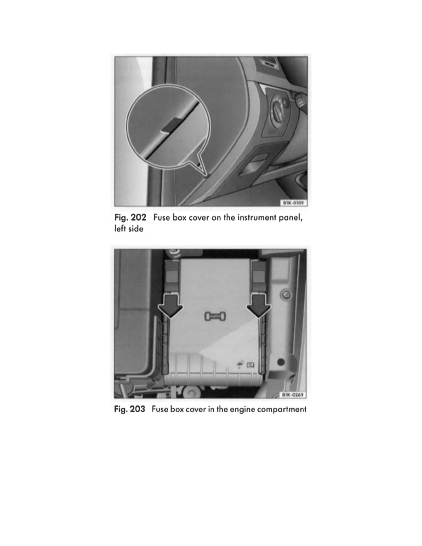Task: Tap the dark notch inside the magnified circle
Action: [171, 125]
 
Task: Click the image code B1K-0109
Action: [293, 203]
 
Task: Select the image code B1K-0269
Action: [292, 394]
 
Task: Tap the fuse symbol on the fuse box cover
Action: [215, 316]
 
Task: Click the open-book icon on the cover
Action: [251, 365]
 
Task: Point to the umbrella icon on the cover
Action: [240, 364]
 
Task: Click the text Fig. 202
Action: [130, 218]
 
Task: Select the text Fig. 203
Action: [130, 409]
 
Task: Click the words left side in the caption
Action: [129, 229]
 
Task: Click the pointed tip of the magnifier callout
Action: [206, 175]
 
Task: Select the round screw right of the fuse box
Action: [286, 295]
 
